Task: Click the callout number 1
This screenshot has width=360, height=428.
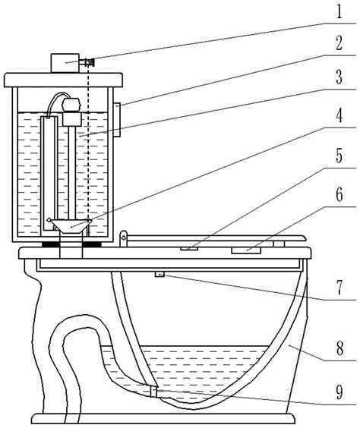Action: (339, 12)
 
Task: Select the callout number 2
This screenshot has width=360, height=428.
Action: (339, 43)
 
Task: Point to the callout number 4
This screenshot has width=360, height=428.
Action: (339, 116)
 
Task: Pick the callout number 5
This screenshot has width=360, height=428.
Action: (339, 156)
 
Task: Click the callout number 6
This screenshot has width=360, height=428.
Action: (339, 194)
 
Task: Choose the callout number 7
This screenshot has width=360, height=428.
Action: (339, 288)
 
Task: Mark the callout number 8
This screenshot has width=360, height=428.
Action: (339, 348)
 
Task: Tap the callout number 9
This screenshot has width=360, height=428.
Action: (339, 392)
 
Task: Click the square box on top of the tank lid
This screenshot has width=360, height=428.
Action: (65, 63)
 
